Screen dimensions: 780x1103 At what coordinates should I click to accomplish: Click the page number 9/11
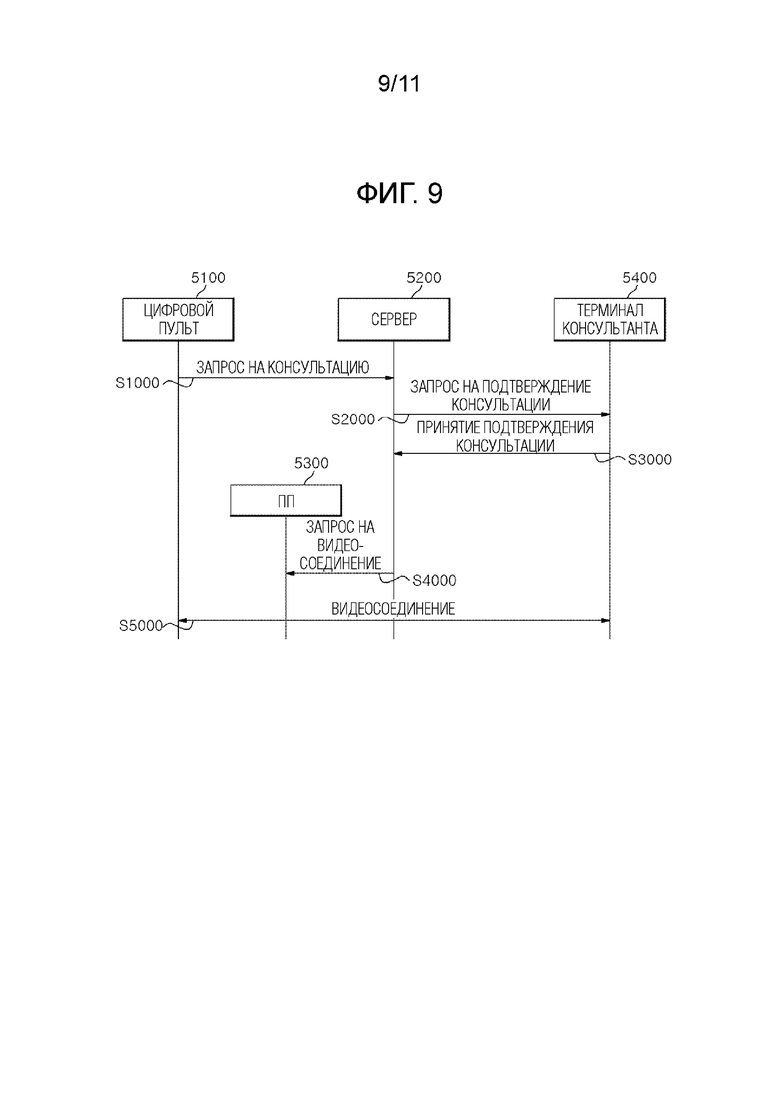tap(399, 84)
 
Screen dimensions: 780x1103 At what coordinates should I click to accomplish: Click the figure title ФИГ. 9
tap(399, 193)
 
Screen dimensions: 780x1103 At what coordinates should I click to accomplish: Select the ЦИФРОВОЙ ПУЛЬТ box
tap(178, 319)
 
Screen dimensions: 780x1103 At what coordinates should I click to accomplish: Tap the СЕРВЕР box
tap(393, 319)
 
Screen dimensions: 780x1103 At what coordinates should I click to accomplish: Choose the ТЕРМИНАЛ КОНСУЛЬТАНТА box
tap(609, 319)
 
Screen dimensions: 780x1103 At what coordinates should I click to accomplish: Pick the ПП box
tap(286, 500)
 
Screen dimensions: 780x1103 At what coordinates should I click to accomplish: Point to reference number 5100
tap(208, 278)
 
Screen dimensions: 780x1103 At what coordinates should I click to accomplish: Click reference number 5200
tap(424, 278)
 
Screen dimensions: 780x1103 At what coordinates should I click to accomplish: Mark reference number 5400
tap(639, 278)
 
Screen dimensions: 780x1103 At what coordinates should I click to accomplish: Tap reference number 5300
tap(311, 463)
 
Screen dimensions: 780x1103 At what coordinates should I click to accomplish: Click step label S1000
tap(138, 383)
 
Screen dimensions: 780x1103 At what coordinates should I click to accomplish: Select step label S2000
tap(353, 419)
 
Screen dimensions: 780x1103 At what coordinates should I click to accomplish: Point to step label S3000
tap(650, 459)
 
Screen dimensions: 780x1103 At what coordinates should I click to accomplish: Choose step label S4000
tap(434, 580)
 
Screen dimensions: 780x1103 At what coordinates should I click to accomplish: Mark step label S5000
tap(141, 625)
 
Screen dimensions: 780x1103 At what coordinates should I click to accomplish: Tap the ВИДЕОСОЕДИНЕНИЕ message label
tap(393, 608)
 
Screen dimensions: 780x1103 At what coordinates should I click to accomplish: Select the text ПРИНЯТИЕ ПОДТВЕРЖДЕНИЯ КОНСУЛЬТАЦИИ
tap(504, 436)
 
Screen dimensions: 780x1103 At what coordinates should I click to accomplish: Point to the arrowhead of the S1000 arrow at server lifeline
tap(389, 378)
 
